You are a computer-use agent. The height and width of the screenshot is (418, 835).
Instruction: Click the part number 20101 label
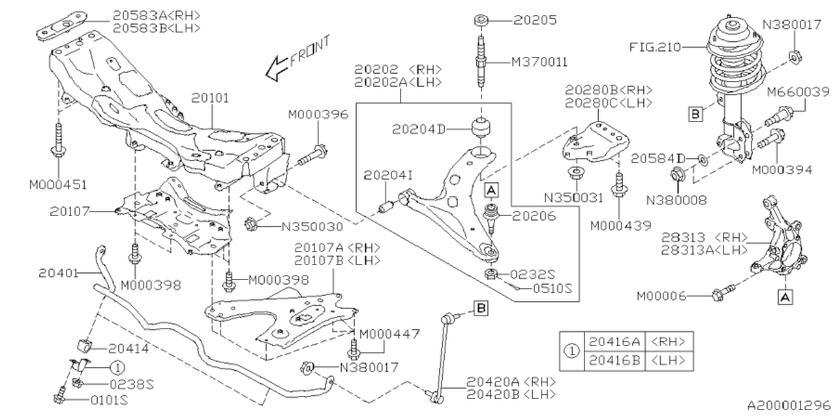tap(210, 98)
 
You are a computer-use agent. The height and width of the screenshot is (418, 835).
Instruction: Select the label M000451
tap(59, 185)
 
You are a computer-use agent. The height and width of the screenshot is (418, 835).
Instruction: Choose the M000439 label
tap(620, 226)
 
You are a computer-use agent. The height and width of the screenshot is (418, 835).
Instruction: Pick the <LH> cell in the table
tap(671, 360)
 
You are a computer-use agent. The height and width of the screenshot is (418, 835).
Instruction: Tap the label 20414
tap(129, 349)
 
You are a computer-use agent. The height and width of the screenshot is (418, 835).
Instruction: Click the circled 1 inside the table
tap(571, 350)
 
